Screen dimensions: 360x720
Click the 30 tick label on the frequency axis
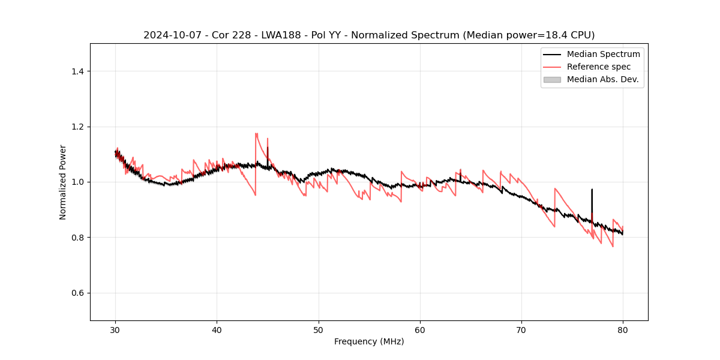pos(115,329)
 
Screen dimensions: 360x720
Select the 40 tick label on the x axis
pos(217,329)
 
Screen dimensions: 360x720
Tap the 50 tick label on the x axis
pos(319,329)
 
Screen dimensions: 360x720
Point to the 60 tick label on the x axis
pos(420,329)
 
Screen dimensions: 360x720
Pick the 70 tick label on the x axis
pos(521,329)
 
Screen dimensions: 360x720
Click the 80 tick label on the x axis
pos(623,329)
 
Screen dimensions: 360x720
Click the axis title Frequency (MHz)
pos(369,341)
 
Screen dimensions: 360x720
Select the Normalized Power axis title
pos(63,182)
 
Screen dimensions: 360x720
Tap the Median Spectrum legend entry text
pos(603,54)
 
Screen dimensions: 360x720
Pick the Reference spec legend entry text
pos(599,67)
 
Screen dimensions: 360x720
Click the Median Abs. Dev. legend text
pos(602,79)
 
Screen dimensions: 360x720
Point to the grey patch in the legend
pos(552,79)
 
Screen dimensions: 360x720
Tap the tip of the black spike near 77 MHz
pos(592,190)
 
